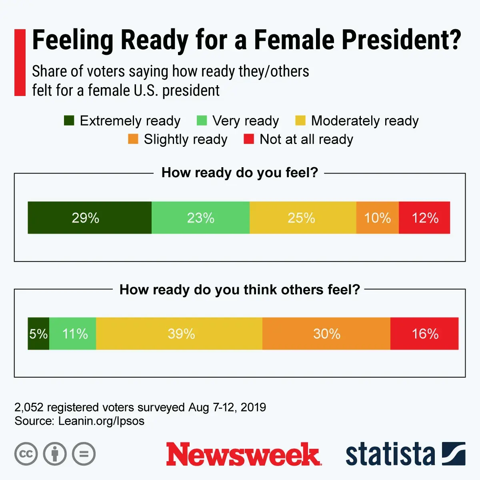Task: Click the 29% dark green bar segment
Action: pyautogui.click(x=90, y=218)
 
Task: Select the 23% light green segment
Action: pyautogui.click(x=200, y=218)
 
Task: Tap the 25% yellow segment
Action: pyautogui.click(x=303, y=218)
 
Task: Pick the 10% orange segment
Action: pyautogui.click(x=377, y=218)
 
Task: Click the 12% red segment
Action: pyautogui.click(x=424, y=218)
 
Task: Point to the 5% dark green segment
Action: pyautogui.click(x=38, y=334)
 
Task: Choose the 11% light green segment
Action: pyautogui.click(x=73, y=334)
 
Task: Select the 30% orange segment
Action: pyautogui.click(x=326, y=334)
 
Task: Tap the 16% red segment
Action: pyautogui.click(x=424, y=334)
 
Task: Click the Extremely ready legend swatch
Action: pyautogui.click(x=69, y=120)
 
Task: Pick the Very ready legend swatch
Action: pyautogui.click(x=202, y=120)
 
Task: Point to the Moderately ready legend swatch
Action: pyautogui.click(x=300, y=120)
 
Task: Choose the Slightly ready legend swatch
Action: pyautogui.click(x=133, y=139)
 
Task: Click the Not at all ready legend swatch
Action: pyautogui.click(x=249, y=139)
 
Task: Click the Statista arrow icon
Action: pyautogui.click(x=454, y=454)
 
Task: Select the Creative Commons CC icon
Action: pyautogui.click(x=26, y=454)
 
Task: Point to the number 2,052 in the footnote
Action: pyautogui.click(x=29, y=407)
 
